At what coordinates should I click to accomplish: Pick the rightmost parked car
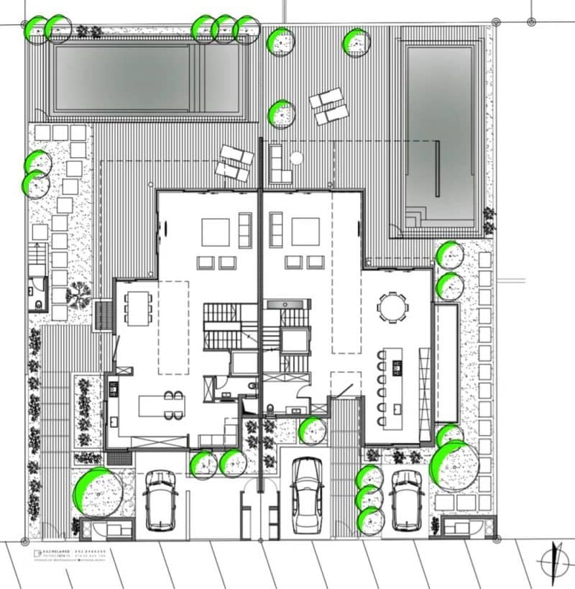407,500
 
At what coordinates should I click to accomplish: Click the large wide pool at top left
147,78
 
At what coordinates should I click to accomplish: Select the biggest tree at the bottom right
455,466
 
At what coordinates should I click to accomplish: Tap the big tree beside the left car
97,493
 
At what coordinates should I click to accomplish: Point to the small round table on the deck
295,157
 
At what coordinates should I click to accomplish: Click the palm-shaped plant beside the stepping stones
78,294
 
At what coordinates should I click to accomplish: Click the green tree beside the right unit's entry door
313,430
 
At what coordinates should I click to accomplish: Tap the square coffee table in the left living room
216,232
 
